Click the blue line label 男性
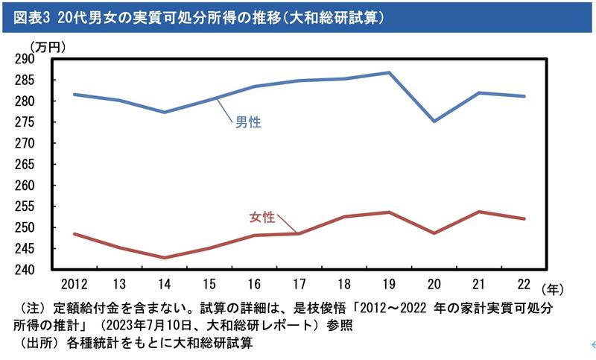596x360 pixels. [x=248, y=122]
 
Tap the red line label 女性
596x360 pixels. [x=261, y=218]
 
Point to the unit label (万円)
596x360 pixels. [x=48, y=46]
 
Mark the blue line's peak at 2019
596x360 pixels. [x=388, y=72]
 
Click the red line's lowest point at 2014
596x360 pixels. [x=165, y=258]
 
